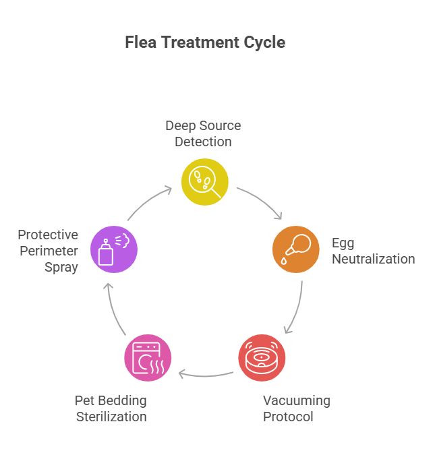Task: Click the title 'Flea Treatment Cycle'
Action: (205, 42)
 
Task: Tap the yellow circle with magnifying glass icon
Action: (205, 182)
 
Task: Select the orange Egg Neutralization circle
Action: (295, 249)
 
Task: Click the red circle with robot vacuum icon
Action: (262, 357)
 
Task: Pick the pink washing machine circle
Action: (148, 357)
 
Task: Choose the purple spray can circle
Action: (114, 249)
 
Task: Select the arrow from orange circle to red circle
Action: (295, 307)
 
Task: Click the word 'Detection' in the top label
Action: (203, 142)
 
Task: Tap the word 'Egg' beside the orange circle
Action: (343, 243)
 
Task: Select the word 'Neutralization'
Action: (373, 259)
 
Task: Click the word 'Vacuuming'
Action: (297, 400)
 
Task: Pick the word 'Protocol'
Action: (288, 417)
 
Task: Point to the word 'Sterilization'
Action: (111, 417)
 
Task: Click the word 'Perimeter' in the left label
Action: (48, 251)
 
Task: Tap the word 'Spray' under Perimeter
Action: (61, 267)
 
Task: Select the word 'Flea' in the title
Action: (139, 42)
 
